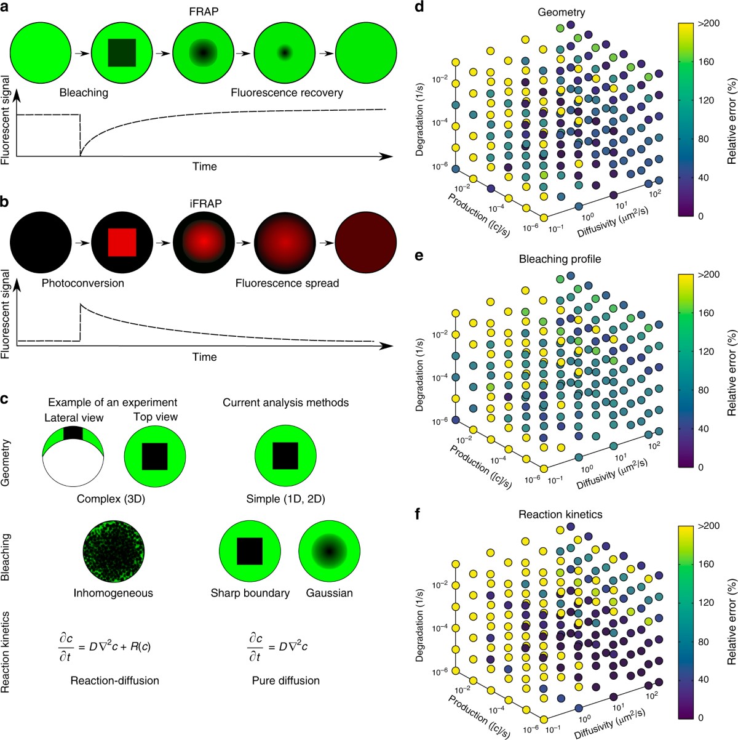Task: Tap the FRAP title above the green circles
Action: (x=204, y=10)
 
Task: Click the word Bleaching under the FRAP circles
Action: (x=84, y=93)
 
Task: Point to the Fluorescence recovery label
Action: (x=287, y=93)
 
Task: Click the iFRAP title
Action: (x=204, y=201)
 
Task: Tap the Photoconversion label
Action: (x=84, y=283)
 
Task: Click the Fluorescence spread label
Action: (x=287, y=283)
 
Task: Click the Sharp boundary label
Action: (x=250, y=593)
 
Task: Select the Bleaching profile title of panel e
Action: (x=560, y=259)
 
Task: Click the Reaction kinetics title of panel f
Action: (x=560, y=513)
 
